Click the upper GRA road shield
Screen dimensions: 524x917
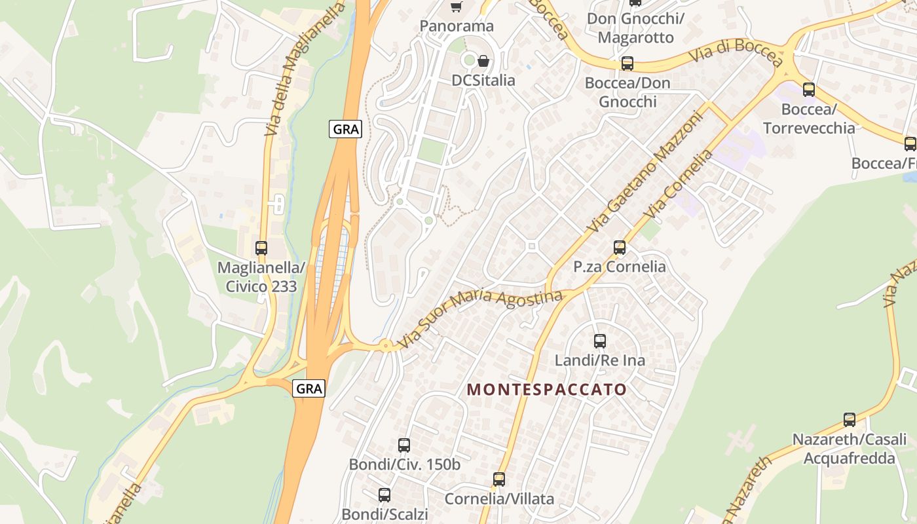345,129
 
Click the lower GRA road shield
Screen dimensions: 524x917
309,388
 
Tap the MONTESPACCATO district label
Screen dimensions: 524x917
547,390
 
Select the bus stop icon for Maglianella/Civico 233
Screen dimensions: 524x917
261,248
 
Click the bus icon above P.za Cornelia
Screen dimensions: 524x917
620,248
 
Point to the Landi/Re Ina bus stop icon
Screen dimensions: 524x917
599,341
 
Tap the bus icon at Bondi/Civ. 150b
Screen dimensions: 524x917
404,445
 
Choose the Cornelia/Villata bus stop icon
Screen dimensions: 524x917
499,479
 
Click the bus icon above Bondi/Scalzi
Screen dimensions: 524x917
384,495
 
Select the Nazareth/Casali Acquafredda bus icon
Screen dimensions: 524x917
850,420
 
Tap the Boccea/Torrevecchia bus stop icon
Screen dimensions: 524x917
809,90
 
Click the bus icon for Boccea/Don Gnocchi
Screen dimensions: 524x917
627,64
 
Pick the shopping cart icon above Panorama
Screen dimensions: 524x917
456,7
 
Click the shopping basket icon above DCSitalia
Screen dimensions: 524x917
483,61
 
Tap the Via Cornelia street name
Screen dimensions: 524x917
678,185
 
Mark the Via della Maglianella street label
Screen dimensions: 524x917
305,69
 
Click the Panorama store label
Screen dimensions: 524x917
457,26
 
